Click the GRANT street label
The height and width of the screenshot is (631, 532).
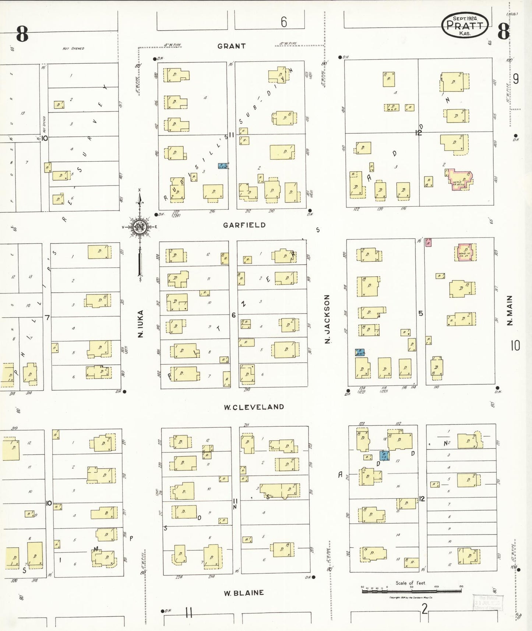coord(231,46)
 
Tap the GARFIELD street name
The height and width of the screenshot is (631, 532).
coord(244,225)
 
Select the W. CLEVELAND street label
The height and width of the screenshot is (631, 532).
coord(254,407)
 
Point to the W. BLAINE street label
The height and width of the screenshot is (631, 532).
coord(244,593)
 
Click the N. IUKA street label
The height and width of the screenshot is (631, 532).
coord(140,323)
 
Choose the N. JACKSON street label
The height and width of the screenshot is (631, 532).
coord(327,319)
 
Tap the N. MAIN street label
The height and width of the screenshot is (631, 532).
coord(510,310)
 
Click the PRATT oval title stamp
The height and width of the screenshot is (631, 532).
coord(465,25)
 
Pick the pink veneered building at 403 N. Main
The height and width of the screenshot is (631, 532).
coord(459,179)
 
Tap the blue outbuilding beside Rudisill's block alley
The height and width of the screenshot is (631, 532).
coord(223,166)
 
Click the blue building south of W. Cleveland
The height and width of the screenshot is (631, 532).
coord(384,455)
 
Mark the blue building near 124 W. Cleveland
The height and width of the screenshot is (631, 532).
coord(360,352)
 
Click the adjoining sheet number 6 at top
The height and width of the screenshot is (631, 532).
coord(283,22)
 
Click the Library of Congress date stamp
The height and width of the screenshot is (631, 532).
coord(488,603)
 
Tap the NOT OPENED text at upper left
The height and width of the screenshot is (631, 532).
coord(73,48)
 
